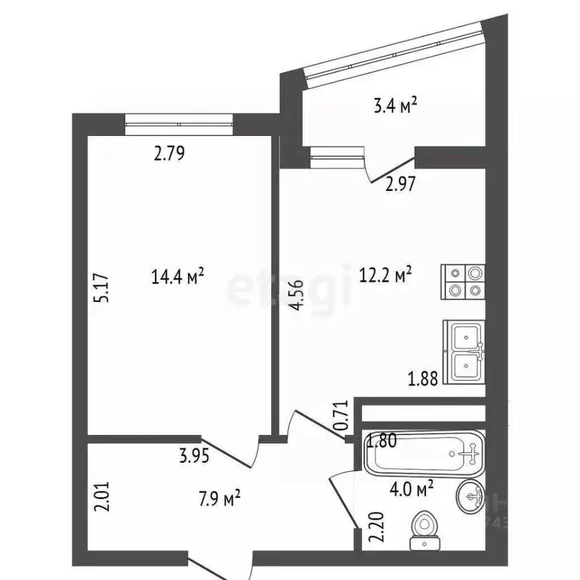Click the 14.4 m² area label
[178, 278]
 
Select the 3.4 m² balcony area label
[394, 107]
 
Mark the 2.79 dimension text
[170, 155]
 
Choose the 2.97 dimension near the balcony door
[403, 184]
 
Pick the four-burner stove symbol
[463, 282]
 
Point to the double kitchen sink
[464, 351]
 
